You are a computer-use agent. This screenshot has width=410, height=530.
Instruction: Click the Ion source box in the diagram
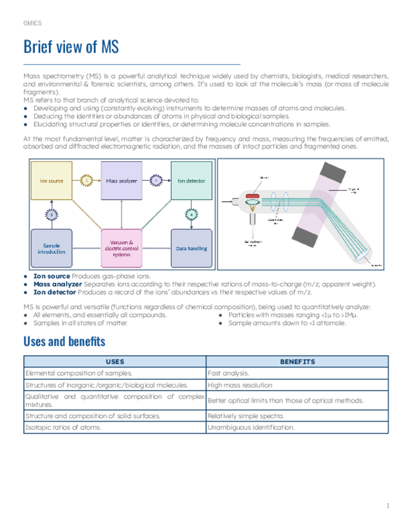(x=52, y=181)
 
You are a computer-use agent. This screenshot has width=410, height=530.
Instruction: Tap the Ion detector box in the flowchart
(x=191, y=181)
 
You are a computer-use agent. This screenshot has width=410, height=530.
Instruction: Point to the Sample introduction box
(x=52, y=248)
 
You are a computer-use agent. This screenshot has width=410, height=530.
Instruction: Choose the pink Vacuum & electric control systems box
(x=121, y=248)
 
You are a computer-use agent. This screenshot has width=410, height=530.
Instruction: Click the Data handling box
(x=191, y=248)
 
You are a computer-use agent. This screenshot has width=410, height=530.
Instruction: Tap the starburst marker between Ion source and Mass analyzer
(x=88, y=181)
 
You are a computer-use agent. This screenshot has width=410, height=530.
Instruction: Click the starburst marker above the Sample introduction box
(x=52, y=214)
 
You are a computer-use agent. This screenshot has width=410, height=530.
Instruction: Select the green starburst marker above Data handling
(x=191, y=214)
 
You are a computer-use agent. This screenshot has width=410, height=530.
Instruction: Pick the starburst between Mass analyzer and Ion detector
(x=156, y=181)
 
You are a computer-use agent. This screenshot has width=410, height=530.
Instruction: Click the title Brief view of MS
(x=71, y=47)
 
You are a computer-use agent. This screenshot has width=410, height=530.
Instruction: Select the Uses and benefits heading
(x=64, y=341)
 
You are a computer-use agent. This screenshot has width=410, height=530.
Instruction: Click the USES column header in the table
(x=115, y=362)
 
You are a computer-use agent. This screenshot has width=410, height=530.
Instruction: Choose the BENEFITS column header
(x=297, y=362)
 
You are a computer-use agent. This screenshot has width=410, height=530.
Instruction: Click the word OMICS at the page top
(x=32, y=23)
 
